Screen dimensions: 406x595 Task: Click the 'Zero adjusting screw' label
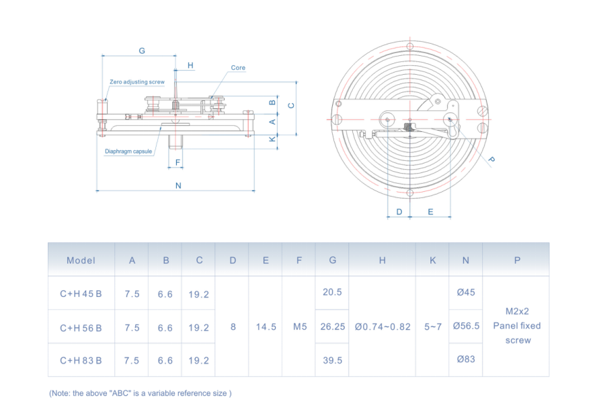click(137, 82)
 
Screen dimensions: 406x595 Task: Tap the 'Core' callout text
click(238, 68)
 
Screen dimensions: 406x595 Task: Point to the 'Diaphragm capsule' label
click(128, 151)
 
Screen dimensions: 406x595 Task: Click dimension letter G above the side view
click(142, 51)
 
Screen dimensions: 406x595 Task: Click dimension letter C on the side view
click(290, 105)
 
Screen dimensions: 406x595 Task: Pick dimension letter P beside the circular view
click(491, 160)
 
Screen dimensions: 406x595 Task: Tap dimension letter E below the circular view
click(430, 211)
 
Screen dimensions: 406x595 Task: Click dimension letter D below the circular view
click(399, 211)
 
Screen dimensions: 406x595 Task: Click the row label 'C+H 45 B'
click(81, 294)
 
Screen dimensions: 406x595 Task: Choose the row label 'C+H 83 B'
click(81, 360)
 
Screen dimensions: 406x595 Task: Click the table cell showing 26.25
click(332, 327)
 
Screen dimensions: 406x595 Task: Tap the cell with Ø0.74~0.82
click(382, 327)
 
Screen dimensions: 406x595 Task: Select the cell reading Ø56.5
click(466, 327)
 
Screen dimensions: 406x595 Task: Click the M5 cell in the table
click(299, 327)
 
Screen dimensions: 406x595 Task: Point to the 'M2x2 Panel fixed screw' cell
click(516, 326)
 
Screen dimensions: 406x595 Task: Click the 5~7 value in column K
click(432, 327)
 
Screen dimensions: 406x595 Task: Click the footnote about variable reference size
click(140, 393)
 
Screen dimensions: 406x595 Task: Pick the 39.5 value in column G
click(332, 360)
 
